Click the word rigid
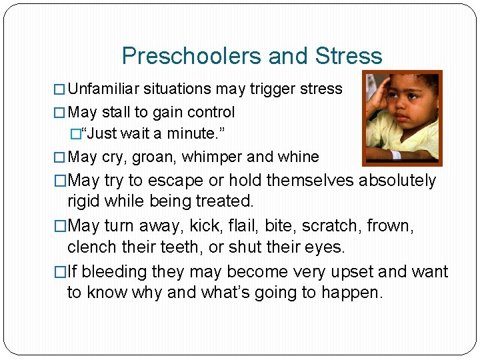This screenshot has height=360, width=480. [x=85, y=201]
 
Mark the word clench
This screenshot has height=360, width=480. [x=90, y=247]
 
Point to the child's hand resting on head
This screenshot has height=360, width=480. [x=380, y=100]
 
